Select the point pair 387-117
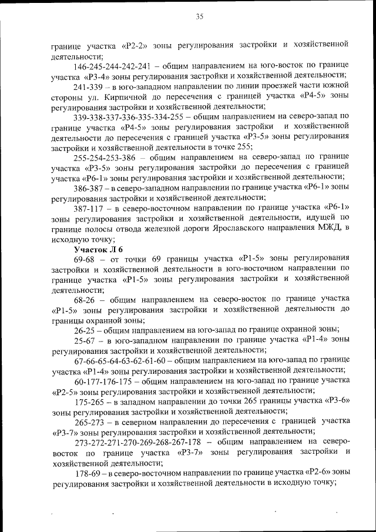click(90, 208)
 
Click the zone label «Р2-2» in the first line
click(136, 45)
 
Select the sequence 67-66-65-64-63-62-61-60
click(127, 360)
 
